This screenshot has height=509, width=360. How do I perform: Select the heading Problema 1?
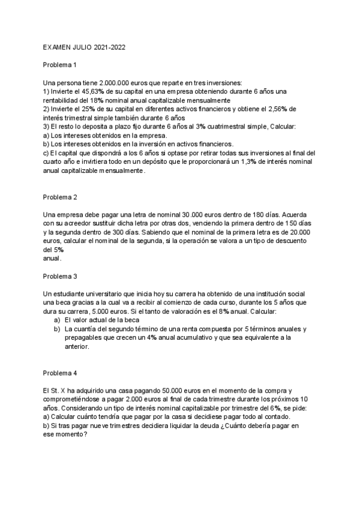tap(60, 64)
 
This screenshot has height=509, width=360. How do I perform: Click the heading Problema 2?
tap(60, 197)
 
